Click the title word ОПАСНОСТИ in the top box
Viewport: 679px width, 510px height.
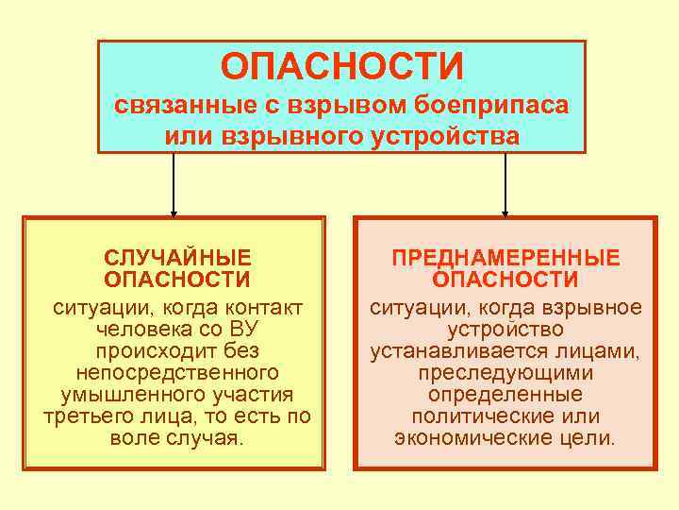(x=341, y=67)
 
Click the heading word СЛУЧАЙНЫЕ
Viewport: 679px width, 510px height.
(x=177, y=258)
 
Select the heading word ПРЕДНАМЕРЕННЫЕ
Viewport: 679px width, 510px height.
(x=505, y=258)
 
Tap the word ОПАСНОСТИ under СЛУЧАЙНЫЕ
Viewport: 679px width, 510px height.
(x=177, y=280)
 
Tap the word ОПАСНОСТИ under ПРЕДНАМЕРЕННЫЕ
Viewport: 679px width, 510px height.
(x=505, y=280)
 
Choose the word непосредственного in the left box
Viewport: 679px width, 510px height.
(x=177, y=373)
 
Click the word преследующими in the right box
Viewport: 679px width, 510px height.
(x=505, y=373)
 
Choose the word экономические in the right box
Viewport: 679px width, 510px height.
(x=464, y=438)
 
